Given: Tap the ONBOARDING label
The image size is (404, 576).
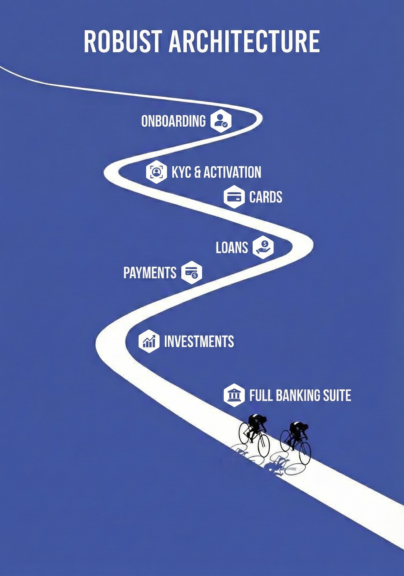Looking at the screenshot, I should pos(173,121).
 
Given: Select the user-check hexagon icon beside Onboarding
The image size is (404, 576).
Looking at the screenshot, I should pos(221,121).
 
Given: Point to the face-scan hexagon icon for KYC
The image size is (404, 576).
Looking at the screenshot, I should pos(156,172).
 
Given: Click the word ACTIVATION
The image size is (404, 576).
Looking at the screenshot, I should pos(232,172).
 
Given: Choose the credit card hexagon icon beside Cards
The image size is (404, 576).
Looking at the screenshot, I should pos(234,197).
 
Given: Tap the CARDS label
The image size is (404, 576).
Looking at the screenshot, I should pos(266,197).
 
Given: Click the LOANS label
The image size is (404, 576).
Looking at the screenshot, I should pos(232,247).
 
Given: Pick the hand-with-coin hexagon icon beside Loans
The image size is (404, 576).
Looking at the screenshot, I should pos(263,247).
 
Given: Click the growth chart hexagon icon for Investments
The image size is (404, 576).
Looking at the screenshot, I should pos(149,341).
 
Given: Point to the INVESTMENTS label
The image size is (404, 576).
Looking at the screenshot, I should pos(199,341).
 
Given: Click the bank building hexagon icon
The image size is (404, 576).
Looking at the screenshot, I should pos(234,395).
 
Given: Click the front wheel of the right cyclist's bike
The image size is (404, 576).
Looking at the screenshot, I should pos(305,453).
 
